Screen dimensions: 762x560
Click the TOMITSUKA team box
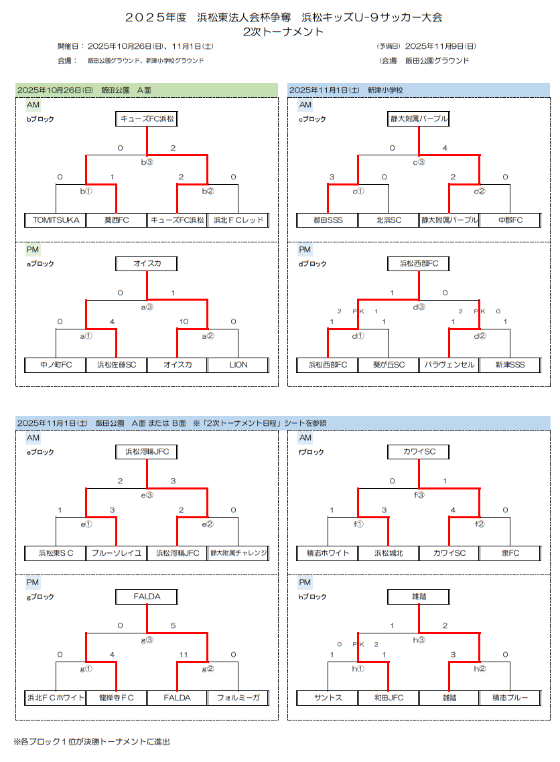[56, 220]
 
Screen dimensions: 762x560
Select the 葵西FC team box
[117, 220]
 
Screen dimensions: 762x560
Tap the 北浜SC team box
[389, 220]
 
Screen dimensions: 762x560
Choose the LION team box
[238, 365]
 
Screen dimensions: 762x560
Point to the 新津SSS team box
[510, 365]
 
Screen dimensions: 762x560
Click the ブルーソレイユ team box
[117, 553]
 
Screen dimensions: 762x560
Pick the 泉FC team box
[510, 553]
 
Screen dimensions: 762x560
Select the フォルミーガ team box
[238, 698]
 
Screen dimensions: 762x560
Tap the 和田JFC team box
[389, 698]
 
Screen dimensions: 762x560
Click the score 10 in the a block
[184, 322]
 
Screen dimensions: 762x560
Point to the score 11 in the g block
[184, 654]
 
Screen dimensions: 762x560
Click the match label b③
[147, 162]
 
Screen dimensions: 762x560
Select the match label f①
[358, 524]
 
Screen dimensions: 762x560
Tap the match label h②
[480, 668]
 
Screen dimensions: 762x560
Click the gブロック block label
[40, 597]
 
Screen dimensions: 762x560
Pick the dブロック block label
[312, 264]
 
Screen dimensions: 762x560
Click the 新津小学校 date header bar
[419, 90]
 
